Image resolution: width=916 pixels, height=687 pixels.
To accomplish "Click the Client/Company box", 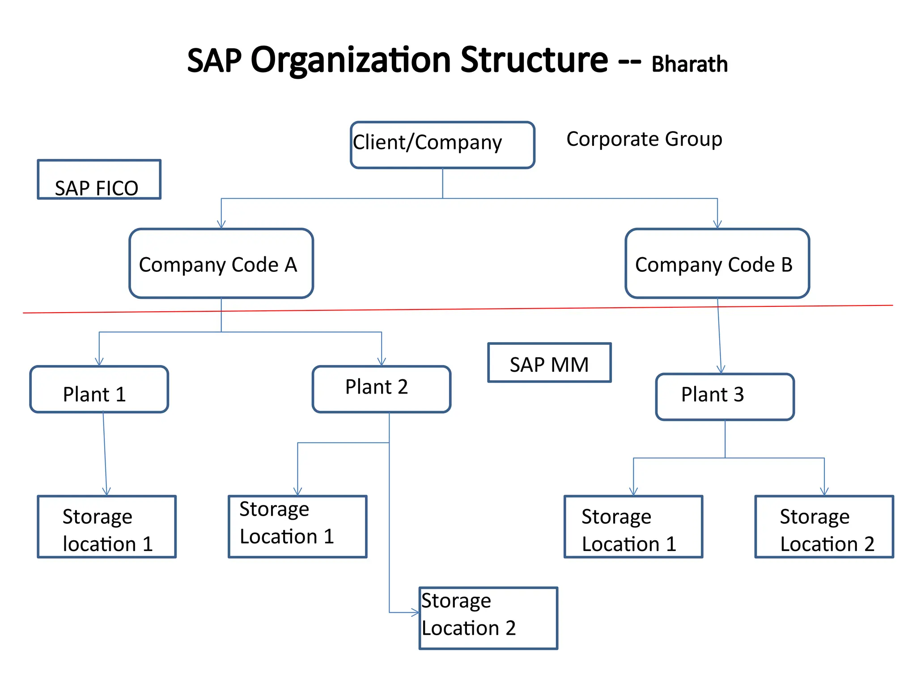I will [442, 145].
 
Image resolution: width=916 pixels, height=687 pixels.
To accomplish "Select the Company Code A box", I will [221, 263].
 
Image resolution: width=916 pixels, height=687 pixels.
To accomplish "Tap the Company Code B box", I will [717, 263].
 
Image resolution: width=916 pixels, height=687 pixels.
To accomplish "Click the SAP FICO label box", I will [99, 179].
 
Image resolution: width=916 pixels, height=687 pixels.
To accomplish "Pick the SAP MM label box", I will [549, 363].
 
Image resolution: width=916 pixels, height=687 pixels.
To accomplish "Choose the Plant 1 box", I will [99, 389].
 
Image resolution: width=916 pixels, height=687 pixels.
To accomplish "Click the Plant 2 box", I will [381, 389].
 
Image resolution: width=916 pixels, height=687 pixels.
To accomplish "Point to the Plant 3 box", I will [725, 397].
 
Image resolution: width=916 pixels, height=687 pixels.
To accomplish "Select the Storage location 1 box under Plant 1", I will [106, 526].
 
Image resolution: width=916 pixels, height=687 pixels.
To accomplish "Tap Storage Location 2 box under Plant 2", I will [488, 618].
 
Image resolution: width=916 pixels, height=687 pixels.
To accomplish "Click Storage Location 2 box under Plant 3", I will [824, 526].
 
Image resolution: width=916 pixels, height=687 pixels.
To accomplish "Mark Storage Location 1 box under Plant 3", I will [633, 526].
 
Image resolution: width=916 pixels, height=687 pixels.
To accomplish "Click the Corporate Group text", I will [644, 139].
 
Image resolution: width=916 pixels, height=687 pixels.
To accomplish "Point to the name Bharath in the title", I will [689, 64].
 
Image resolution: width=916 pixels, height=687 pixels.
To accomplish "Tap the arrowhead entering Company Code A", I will [221, 225].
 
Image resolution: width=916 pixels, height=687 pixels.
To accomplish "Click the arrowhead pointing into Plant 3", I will [721, 369].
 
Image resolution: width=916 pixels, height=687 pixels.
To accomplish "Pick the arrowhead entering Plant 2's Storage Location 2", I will [415, 612].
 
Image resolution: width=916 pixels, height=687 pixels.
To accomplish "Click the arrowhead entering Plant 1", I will [99, 362].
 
